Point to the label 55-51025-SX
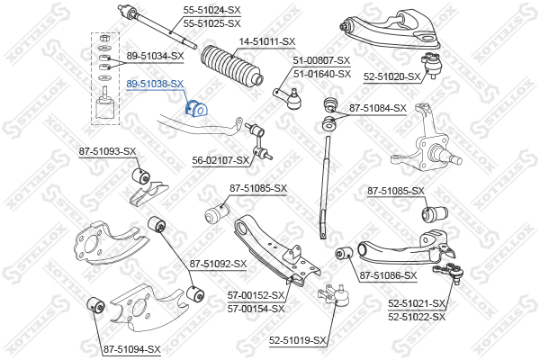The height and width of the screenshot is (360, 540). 211,22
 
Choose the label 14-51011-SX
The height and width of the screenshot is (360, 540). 267,41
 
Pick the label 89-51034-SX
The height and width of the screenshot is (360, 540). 155,56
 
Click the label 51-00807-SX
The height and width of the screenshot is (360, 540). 321,61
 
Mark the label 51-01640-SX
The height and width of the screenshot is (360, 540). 321,73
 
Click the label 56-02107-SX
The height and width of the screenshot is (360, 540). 220,160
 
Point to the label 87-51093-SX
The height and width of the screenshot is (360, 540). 107,151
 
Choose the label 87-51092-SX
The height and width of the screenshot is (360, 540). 218,264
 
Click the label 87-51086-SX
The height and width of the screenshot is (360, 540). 388,275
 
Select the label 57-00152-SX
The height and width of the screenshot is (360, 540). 256,295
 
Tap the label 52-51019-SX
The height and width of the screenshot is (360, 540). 298,340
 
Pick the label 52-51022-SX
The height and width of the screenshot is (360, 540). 417,316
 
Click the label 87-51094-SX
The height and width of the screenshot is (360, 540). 131,349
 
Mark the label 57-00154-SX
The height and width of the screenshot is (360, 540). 256,308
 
